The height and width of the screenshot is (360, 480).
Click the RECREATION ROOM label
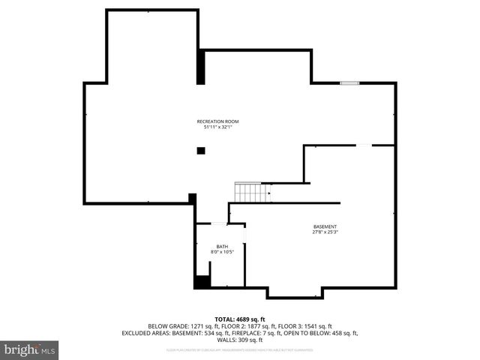click(217, 121)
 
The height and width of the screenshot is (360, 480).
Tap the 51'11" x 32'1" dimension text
click(217, 127)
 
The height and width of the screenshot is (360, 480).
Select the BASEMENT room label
click(325, 226)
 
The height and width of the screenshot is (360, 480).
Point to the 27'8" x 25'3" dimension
click(325, 232)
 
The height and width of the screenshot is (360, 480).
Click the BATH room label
click(222, 246)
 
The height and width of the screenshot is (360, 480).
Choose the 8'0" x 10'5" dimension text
click(222, 252)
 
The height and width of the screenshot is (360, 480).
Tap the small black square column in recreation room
click(201, 151)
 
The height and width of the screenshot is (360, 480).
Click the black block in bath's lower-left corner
click(202, 282)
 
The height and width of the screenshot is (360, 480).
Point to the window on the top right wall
click(349, 82)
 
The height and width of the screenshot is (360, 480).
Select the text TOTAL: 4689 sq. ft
click(240, 319)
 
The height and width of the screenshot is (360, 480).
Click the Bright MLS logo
click(30, 349)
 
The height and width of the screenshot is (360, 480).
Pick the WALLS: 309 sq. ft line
click(240, 340)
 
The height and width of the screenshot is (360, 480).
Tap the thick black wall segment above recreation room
click(201, 67)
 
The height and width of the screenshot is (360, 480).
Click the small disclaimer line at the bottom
click(240, 349)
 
